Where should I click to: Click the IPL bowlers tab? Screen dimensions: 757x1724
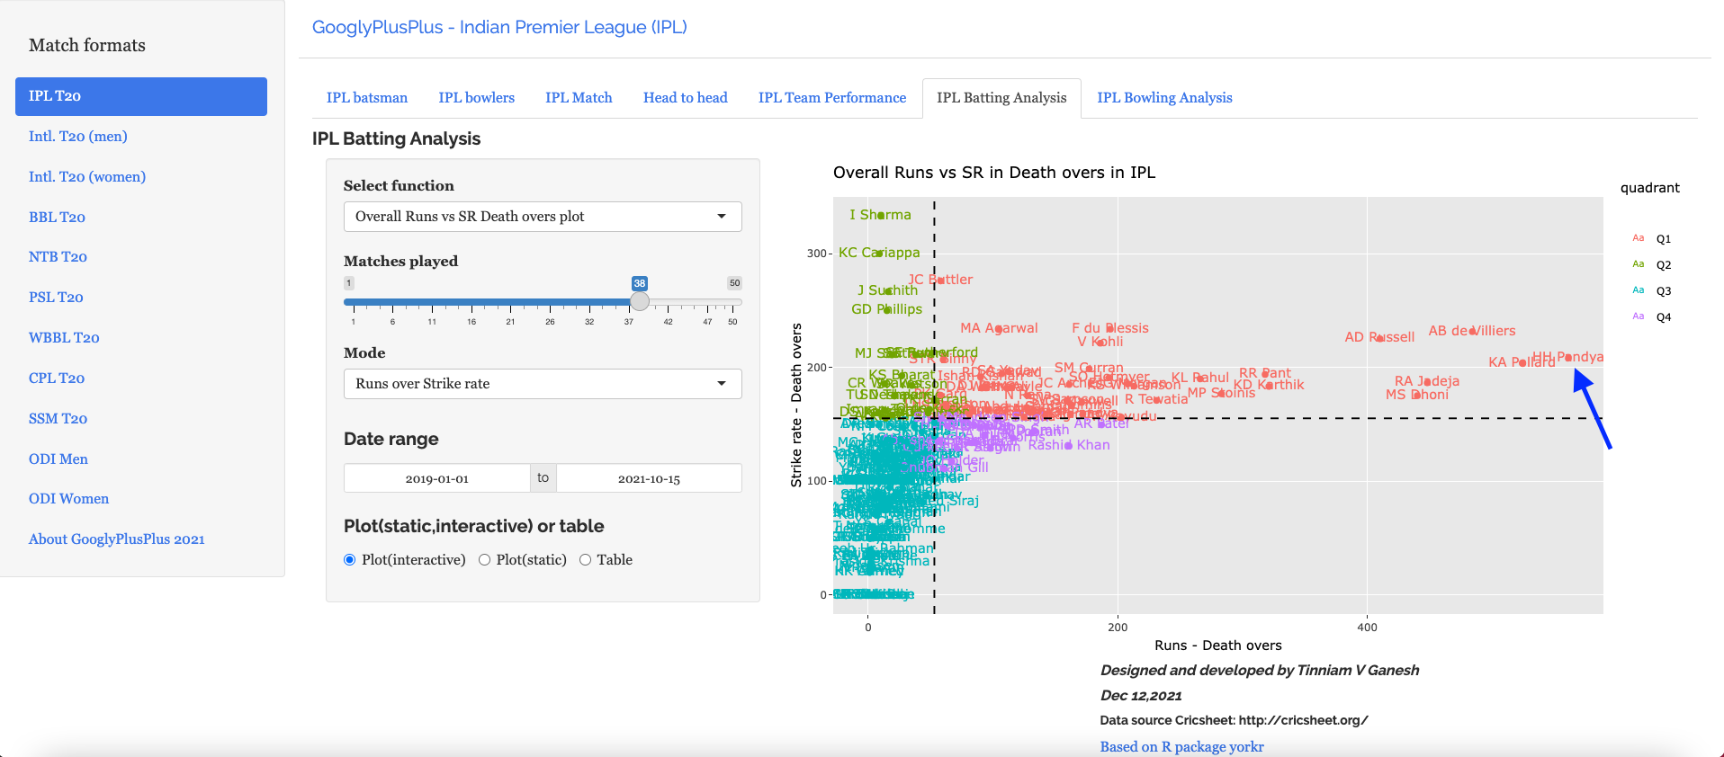point(476,98)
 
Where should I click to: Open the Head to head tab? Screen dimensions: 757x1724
point(685,98)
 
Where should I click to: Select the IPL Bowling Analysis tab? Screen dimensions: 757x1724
point(1164,98)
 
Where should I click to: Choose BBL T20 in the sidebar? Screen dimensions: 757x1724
point(57,217)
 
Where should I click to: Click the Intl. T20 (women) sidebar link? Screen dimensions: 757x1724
point(87,176)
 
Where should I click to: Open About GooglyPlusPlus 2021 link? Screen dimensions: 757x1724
point(117,539)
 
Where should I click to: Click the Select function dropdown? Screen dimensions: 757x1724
point(542,217)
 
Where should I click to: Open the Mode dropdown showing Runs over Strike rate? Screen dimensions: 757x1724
point(542,384)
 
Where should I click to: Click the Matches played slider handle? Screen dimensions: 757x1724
point(640,301)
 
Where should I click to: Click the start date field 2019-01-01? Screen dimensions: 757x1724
point(437,478)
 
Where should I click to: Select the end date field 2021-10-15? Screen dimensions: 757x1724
point(649,478)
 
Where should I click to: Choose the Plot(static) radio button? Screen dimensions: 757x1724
point(485,560)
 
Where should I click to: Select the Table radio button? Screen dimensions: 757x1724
point(586,560)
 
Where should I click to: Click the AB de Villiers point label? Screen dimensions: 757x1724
point(1472,331)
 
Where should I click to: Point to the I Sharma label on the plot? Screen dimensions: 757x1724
point(880,215)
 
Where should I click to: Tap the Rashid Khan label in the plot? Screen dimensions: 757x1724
point(1069,445)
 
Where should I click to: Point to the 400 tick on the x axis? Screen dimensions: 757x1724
point(1367,628)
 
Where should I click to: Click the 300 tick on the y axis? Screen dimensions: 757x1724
point(817,254)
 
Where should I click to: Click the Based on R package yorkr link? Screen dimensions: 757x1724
point(1181,747)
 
